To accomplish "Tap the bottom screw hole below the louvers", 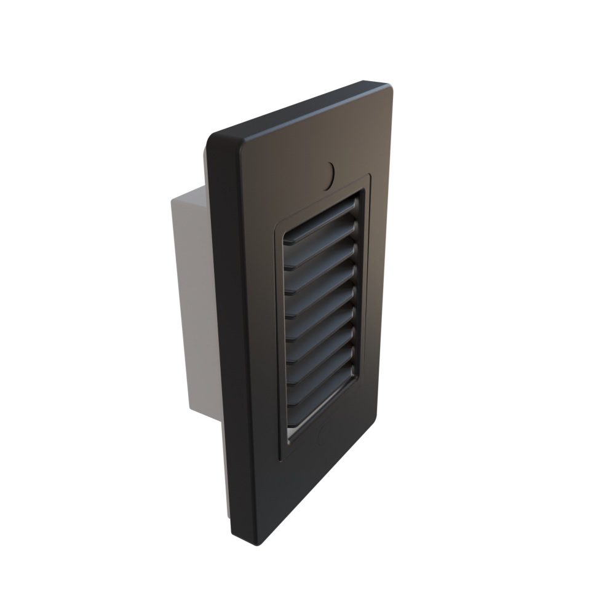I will pos(320,437).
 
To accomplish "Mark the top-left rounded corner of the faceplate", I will pos(215,138).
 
